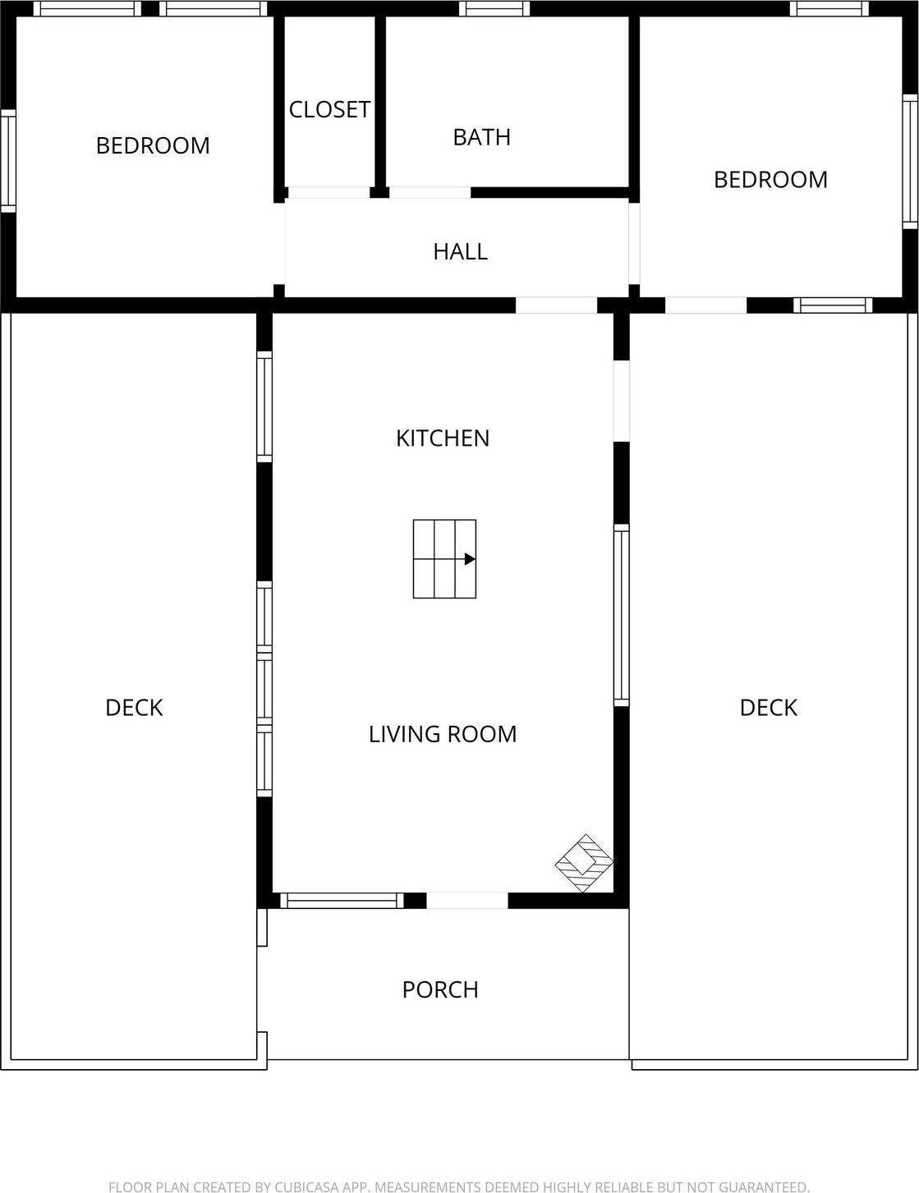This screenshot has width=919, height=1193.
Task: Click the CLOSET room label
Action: tap(329, 109)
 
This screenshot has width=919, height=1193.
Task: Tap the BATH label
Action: tap(481, 137)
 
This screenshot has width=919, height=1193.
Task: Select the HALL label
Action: tap(460, 251)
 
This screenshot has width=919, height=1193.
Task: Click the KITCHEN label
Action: tap(443, 438)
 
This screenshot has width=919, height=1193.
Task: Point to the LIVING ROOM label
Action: tap(443, 734)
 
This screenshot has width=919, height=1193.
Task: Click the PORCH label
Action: tap(440, 990)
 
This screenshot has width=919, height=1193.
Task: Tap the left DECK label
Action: tap(134, 708)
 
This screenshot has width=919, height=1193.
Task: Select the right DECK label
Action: tap(768, 708)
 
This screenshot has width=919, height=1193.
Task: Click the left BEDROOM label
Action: tap(153, 146)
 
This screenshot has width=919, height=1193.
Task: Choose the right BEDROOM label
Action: tap(770, 180)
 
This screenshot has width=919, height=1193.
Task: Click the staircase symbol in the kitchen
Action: tap(444, 559)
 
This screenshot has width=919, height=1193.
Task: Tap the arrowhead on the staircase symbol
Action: tap(470, 559)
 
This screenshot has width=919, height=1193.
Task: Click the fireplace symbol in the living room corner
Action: tap(585, 863)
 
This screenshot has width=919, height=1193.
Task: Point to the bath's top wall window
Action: tap(494, 9)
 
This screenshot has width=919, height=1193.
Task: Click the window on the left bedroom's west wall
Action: tap(7, 161)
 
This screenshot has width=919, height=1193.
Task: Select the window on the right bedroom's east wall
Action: tap(910, 162)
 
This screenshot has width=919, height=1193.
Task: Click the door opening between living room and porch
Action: tap(467, 901)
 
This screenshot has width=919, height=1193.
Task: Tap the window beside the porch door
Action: tap(342, 901)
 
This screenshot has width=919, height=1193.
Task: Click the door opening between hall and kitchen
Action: tap(556, 305)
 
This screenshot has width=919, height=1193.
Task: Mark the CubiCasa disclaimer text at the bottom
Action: tap(459, 1186)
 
